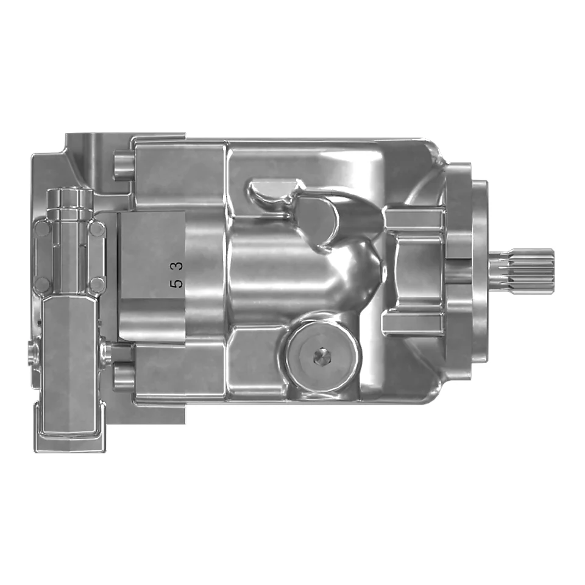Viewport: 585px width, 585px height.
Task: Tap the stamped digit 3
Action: [178, 265]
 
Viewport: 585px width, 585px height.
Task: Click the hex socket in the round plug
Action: [322, 358]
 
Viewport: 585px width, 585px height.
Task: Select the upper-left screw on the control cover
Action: [43, 229]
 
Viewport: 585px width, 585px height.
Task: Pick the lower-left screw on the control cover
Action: [43, 285]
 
